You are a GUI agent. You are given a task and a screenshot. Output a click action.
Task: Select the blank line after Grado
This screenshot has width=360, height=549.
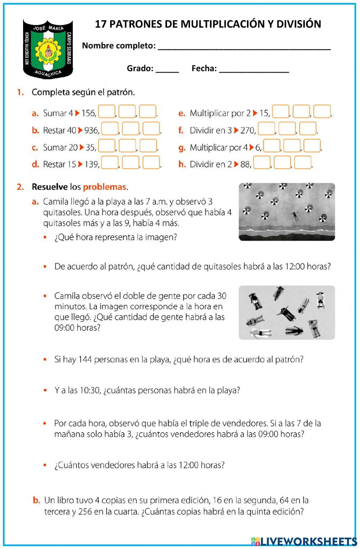(x=167, y=69)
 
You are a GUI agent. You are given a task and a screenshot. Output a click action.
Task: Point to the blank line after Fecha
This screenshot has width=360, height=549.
(x=254, y=69)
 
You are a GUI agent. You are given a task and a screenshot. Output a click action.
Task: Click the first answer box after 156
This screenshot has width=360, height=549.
(x=107, y=112)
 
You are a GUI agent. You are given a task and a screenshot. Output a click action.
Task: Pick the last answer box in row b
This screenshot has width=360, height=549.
(x=151, y=129)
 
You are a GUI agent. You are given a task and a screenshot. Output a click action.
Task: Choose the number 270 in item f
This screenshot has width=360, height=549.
(x=248, y=130)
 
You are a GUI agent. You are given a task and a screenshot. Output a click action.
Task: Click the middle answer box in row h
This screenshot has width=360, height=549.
(x=282, y=163)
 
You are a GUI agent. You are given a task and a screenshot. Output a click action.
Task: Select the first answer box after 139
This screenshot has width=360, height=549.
(x=110, y=163)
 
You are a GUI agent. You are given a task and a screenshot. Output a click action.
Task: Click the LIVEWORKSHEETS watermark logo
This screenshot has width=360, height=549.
(x=304, y=541)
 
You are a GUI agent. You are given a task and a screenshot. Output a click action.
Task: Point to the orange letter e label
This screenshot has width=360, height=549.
(x=182, y=113)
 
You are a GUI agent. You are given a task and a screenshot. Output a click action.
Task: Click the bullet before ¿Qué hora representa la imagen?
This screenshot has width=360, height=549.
(x=45, y=238)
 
